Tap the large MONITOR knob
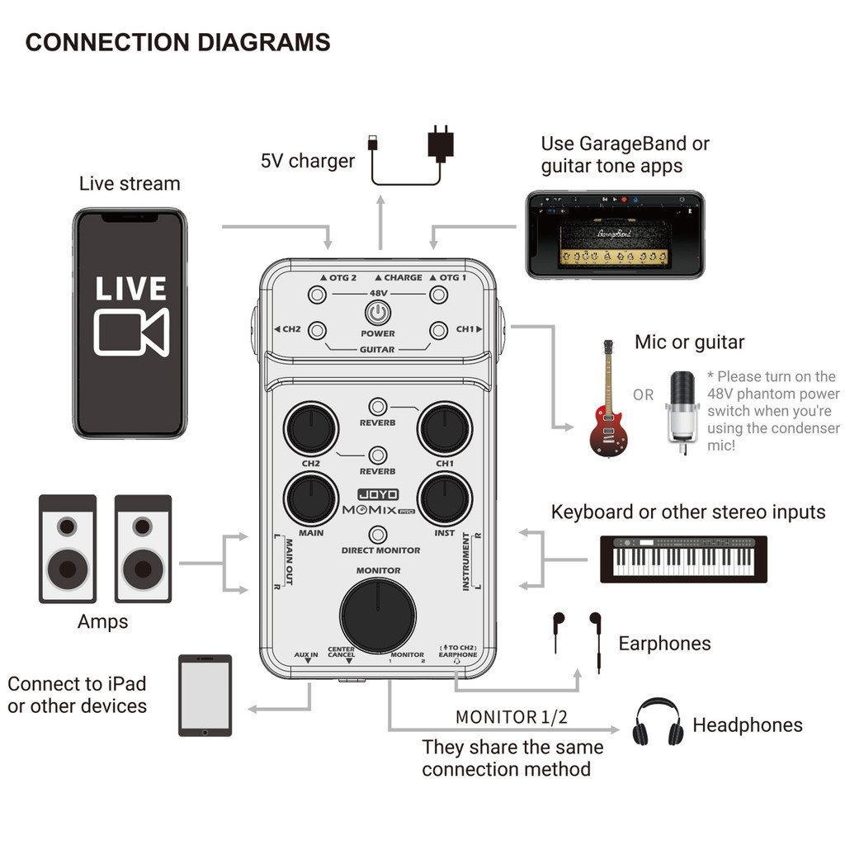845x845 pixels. [x=378, y=615]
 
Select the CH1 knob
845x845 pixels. [x=445, y=428]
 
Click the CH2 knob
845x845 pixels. [x=310, y=428]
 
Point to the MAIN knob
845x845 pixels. [x=310, y=499]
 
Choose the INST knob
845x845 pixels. [x=445, y=499]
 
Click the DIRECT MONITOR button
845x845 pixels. [x=378, y=534]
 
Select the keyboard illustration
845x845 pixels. [x=683, y=559]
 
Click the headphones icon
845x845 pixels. [x=658, y=723]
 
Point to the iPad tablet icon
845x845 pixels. [x=205, y=695]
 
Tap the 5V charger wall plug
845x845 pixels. [x=441, y=144]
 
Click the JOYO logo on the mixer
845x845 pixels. [x=378, y=495]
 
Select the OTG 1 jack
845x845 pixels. [x=439, y=295]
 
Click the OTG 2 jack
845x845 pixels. [x=317, y=295]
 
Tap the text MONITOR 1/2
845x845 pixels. [x=511, y=717]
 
